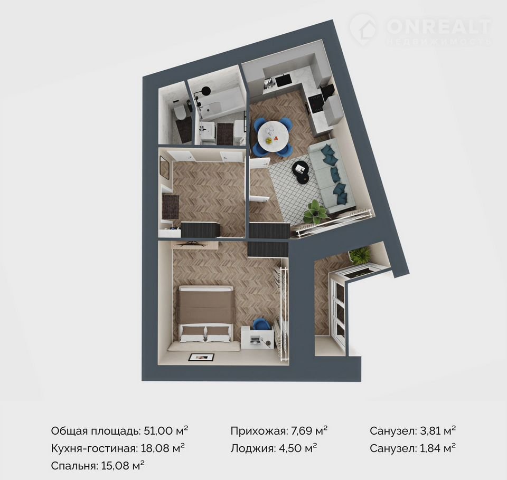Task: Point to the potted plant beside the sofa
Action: point(315,212)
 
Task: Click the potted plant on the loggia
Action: point(360,255)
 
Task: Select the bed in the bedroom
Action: point(205,314)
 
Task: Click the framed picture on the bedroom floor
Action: point(202,357)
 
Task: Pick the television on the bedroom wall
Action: point(190,244)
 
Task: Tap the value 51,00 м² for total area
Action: point(164,430)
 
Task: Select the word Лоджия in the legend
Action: point(251,448)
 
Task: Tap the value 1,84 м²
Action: point(437,448)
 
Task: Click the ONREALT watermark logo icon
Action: point(363,28)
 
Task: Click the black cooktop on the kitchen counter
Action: point(315,104)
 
